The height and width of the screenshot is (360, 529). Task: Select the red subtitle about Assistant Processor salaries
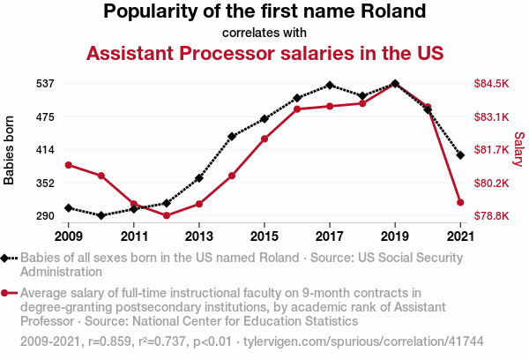click(x=264, y=54)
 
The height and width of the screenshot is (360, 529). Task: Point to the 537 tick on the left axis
click(x=45, y=84)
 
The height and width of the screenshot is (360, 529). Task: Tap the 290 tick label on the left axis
click(x=45, y=215)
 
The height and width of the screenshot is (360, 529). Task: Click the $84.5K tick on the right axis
click(x=491, y=84)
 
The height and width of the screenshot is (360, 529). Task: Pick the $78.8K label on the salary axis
click(x=491, y=215)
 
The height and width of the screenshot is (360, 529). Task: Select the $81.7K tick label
click(x=491, y=150)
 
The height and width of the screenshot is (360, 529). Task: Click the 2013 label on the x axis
click(x=199, y=236)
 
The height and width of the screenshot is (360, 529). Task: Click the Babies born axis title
click(x=10, y=150)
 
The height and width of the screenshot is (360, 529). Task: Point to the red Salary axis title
click(x=519, y=150)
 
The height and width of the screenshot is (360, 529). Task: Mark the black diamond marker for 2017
click(x=330, y=86)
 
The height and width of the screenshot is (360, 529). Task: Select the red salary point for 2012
click(x=167, y=215)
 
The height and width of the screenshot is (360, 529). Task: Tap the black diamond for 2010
click(x=101, y=215)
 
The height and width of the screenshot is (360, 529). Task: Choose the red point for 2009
click(x=69, y=165)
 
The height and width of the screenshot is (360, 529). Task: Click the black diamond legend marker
click(x=6, y=258)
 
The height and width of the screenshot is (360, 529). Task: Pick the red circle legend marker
click(x=6, y=293)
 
